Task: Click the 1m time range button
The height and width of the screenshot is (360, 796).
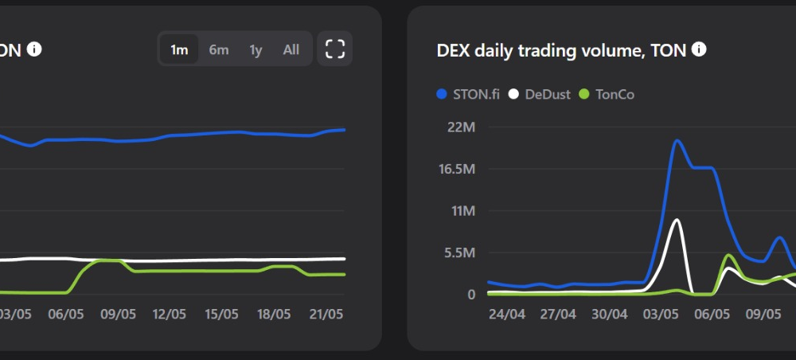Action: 178,49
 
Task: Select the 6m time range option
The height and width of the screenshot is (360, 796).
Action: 219,49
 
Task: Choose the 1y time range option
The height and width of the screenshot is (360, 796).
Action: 256,50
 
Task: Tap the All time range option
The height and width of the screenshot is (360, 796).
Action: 291,49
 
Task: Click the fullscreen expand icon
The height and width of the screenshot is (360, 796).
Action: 334,49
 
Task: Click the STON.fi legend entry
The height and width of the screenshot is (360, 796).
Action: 468,95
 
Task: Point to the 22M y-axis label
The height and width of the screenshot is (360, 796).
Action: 461,127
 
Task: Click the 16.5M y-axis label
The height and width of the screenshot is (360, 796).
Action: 457,169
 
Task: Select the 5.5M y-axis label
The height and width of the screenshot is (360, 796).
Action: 460,252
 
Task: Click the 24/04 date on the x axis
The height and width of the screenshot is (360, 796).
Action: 506,315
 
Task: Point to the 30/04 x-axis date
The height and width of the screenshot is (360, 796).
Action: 609,315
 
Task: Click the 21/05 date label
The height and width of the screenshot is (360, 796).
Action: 326,315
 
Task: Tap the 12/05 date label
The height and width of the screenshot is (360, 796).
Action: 170,315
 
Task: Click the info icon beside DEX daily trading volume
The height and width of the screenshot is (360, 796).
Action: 699,49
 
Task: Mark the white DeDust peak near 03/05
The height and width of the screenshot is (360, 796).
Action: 676,220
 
